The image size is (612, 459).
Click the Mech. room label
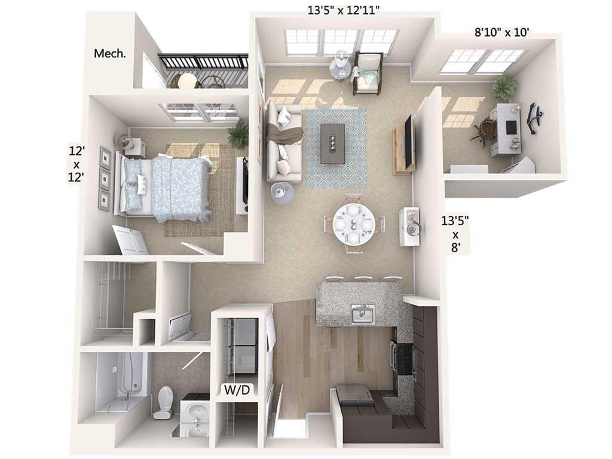point(110,54)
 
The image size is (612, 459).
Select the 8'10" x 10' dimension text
point(501,32)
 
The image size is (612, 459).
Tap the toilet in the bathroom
point(163,401)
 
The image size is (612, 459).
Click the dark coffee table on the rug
point(332,143)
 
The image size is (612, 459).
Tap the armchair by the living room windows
point(367,72)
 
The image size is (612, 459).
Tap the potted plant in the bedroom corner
point(238,135)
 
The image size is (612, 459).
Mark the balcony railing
point(203,62)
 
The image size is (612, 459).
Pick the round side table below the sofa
point(282,192)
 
